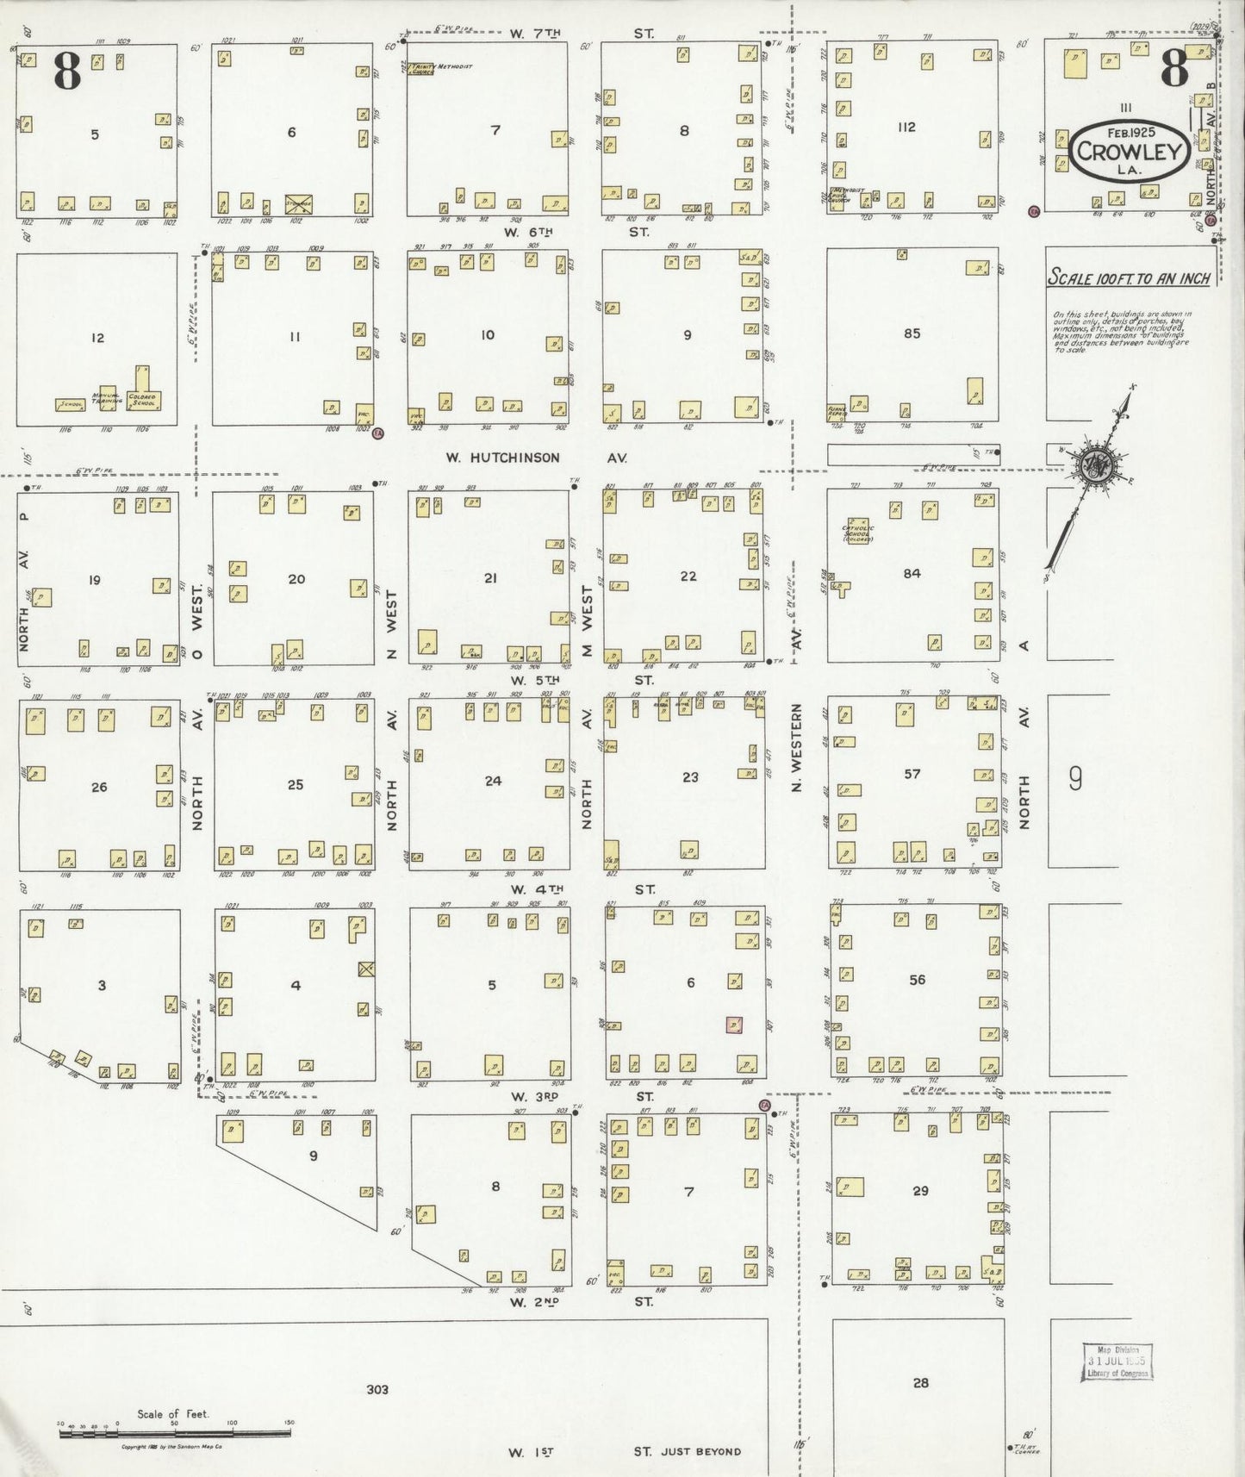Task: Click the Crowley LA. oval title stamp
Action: click(x=1129, y=152)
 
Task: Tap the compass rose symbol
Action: click(x=1097, y=466)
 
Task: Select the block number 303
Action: click(x=377, y=1388)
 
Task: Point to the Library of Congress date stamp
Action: click(x=1117, y=1362)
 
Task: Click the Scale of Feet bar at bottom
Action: click(x=175, y=1433)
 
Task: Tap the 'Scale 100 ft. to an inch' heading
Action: click(x=1129, y=278)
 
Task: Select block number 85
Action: click(x=912, y=333)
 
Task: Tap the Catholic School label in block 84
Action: click(x=857, y=531)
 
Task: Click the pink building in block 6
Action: click(x=734, y=1025)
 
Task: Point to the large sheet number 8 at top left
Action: click(x=67, y=72)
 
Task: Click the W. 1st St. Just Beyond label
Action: click(x=624, y=1452)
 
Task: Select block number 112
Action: click(x=906, y=127)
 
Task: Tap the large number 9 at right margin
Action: click(x=1075, y=779)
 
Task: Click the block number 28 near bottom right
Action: click(x=920, y=1382)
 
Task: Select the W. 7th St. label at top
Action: click(x=580, y=34)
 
